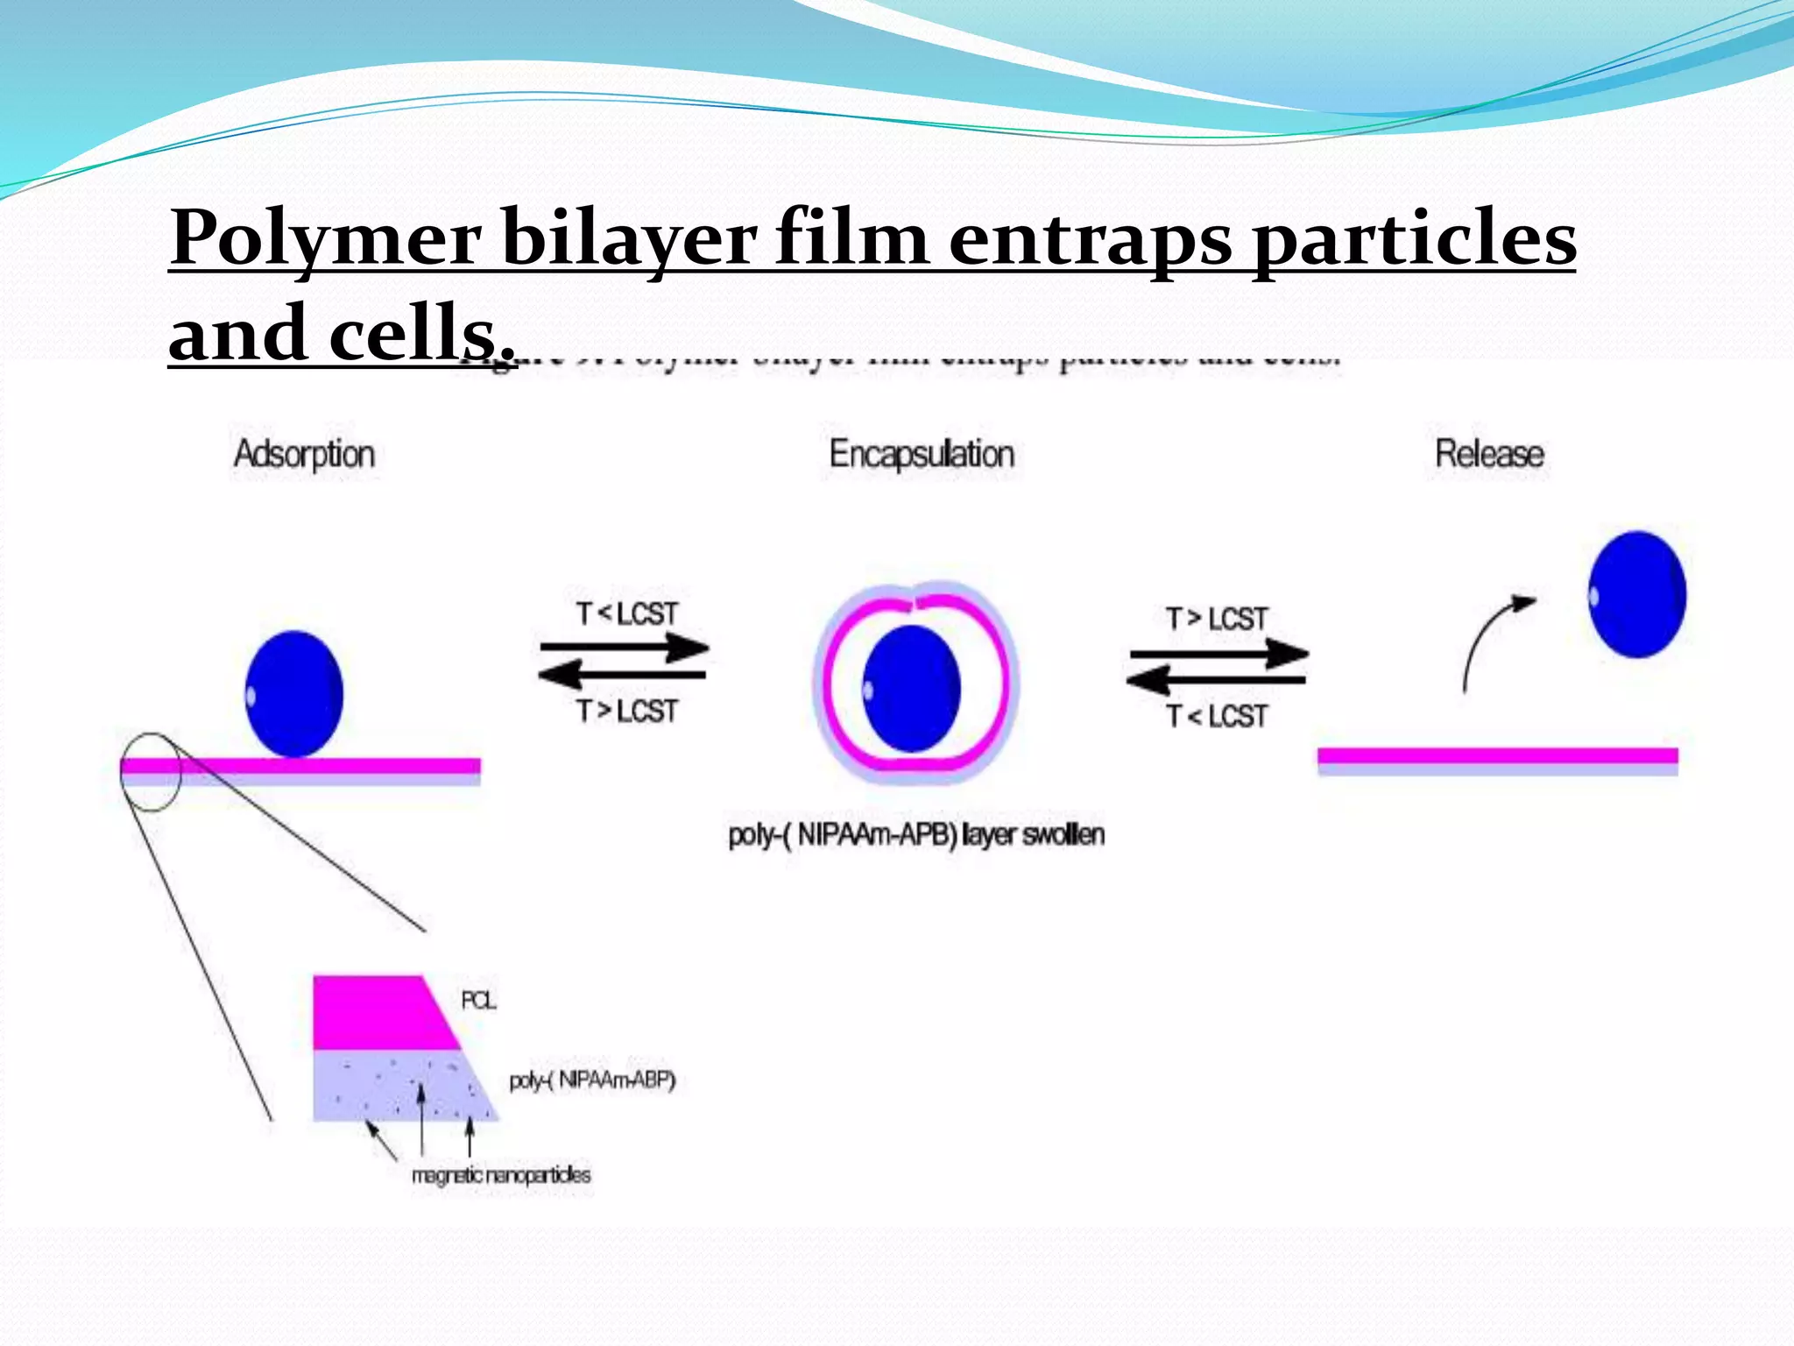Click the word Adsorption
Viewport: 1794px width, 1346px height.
(x=304, y=455)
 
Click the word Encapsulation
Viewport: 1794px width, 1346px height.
(x=922, y=455)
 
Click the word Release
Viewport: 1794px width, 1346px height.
(x=1489, y=454)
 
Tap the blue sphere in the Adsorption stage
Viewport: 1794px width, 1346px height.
(x=294, y=694)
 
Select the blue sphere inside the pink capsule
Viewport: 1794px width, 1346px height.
(x=912, y=689)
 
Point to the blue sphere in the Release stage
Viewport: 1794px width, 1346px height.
(x=1636, y=594)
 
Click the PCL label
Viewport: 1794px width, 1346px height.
(x=478, y=1000)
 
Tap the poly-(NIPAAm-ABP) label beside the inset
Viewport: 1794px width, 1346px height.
(x=592, y=1080)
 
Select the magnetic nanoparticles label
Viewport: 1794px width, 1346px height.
(x=501, y=1175)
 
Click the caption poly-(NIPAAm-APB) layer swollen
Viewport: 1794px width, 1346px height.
(x=916, y=834)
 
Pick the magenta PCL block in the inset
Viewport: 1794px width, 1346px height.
(x=377, y=1012)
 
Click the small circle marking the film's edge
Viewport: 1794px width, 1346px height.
(x=151, y=772)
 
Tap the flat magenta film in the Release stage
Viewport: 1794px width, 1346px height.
(x=1497, y=755)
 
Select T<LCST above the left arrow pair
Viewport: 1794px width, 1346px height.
(x=627, y=613)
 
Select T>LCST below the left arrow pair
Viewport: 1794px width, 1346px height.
(x=627, y=711)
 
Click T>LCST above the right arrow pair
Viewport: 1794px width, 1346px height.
(x=1216, y=619)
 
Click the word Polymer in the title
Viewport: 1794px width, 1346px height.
(x=326, y=238)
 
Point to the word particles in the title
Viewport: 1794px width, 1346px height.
(x=1415, y=238)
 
